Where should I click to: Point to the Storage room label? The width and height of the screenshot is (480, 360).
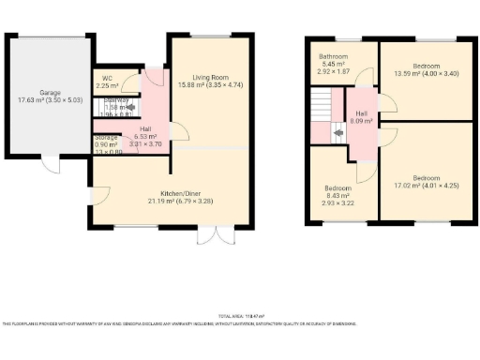point(106,138)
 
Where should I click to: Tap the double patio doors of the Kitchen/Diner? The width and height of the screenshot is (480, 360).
point(212,234)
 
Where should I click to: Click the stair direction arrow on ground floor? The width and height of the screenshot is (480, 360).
point(117,107)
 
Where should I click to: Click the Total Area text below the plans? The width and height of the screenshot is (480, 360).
point(241,316)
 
